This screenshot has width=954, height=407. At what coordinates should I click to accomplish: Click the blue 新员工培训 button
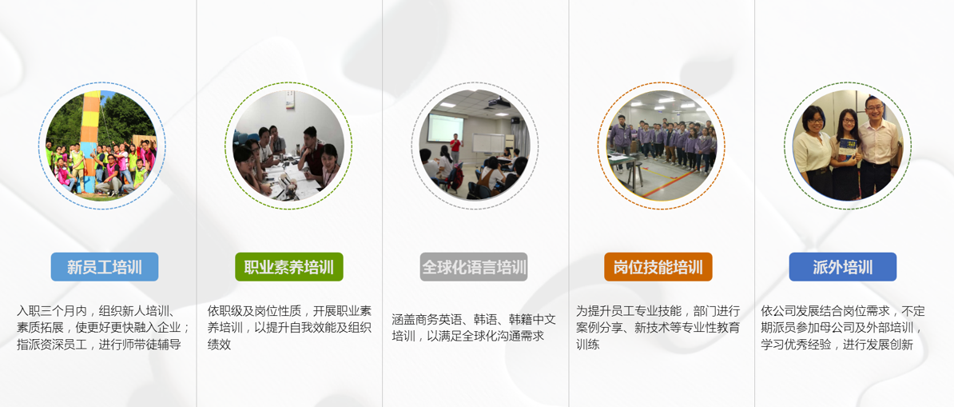pyautogui.click(x=104, y=267)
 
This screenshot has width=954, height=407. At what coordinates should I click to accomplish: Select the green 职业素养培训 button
pyautogui.click(x=289, y=267)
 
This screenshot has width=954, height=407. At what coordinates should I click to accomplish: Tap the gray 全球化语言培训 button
pyautogui.click(x=474, y=267)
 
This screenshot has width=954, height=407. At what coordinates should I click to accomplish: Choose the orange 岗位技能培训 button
pyautogui.click(x=658, y=267)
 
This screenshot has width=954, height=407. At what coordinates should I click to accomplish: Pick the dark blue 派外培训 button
pyautogui.click(x=843, y=267)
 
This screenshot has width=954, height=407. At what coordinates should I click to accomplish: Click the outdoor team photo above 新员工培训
pyautogui.click(x=101, y=145)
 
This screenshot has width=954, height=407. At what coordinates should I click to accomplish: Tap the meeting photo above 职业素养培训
pyautogui.click(x=288, y=145)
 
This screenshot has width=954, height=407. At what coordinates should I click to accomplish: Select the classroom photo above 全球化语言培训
pyautogui.click(x=474, y=145)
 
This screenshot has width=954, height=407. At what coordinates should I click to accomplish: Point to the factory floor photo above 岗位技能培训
pyautogui.click(x=662, y=145)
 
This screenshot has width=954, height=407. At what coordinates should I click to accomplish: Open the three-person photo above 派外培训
pyautogui.click(x=848, y=145)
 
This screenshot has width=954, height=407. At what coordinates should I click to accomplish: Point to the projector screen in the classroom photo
pyautogui.click(x=444, y=128)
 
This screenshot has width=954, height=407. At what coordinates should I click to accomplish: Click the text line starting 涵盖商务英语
pyautogui.click(x=474, y=319)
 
